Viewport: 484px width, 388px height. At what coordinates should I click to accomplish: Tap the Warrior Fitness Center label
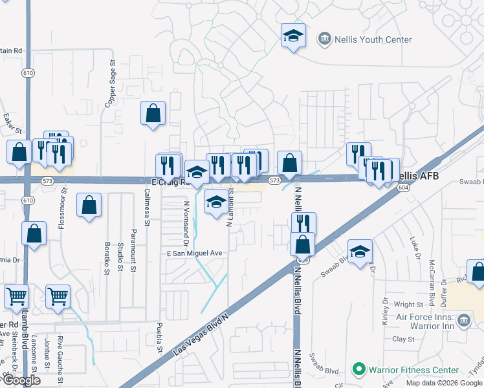click(413, 371)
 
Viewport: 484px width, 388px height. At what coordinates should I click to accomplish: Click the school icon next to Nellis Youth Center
click(293, 36)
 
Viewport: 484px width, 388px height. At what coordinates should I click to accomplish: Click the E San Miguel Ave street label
click(195, 253)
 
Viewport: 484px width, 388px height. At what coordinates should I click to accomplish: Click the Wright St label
click(408, 304)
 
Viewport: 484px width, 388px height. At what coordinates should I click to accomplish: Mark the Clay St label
click(403, 339)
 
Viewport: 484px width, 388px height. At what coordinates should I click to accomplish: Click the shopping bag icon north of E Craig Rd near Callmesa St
click(153, 114)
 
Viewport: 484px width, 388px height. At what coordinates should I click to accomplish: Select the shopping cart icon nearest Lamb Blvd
click(17, 297)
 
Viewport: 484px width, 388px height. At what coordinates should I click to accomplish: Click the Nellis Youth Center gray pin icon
click(324, 39)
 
